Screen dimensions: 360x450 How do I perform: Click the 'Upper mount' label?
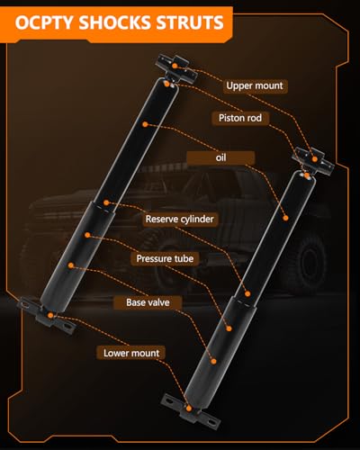click(x=255, y=85)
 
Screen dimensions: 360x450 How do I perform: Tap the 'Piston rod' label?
click(x=240, y=118)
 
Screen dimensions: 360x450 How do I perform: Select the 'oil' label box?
click(x=220, y=157)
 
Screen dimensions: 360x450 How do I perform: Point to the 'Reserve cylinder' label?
click(x=179, y=219)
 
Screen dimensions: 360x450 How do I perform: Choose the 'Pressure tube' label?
click(x=165, y=258)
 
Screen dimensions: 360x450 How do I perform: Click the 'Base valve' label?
click(x=148, y=302)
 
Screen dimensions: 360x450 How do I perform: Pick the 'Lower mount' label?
click(x=131, y=353)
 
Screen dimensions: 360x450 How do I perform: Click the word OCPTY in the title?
click(x=44, y=22)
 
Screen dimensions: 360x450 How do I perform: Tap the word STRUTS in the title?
click(x=190, y=22)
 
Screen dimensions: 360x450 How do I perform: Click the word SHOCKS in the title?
click(x=114, y=22)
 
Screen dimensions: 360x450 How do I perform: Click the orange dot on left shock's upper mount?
click(x=175, y=66)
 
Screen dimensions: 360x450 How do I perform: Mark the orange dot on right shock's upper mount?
click(x=315, y=159)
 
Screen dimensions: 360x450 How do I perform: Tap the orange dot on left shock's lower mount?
click(x=50, y=315)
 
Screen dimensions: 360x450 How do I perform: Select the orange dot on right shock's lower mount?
click(x=189, y=409)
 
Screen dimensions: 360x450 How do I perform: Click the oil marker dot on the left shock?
click(x=145, y=124)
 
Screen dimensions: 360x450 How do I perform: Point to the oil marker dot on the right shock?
click(x=285, y=218)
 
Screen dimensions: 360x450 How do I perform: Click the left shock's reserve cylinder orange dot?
click(x=106, y=202)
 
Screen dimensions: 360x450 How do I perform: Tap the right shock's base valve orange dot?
click(x=213, y=362)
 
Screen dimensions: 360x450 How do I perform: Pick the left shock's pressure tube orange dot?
click(x=87, y=235)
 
